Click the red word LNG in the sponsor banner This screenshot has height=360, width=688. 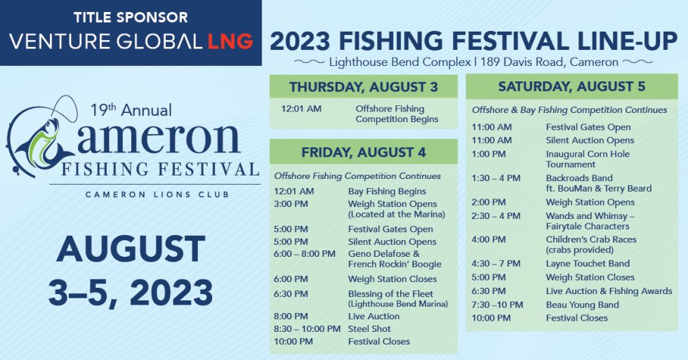(230, 41)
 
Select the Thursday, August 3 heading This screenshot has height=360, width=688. (363, 87)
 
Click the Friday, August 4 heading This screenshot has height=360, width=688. (363, 152)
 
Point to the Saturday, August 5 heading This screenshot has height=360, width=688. (571, 87)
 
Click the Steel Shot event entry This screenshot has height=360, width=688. (369, 328)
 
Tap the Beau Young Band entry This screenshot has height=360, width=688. (582, 305)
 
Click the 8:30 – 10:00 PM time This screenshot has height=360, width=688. (307, 328)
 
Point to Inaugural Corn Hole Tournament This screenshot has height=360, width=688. (588, 159)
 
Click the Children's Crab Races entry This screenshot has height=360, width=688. (590, 245)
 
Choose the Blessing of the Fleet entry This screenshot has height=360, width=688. (397, 299)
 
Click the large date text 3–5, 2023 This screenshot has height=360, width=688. (130, 291)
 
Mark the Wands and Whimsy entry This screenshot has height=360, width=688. (590, 221)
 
